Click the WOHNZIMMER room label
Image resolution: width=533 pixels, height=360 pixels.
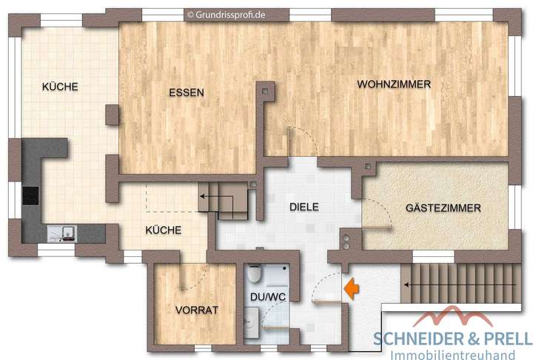tap(393, 85)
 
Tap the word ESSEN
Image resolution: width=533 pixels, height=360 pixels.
tap(186, 93)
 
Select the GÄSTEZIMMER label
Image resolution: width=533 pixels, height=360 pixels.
tap(443, 209)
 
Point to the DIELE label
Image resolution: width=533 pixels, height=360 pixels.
tap(304, 207)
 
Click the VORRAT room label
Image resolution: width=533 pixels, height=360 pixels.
tap(197, 310)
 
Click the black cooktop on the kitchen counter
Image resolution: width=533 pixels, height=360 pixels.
tap(30, 196)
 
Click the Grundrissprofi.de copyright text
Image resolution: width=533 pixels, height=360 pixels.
tap(226, 13)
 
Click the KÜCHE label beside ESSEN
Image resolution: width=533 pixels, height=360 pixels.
tap(60, 87)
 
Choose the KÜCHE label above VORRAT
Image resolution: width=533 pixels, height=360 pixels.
tap(164, 230)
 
